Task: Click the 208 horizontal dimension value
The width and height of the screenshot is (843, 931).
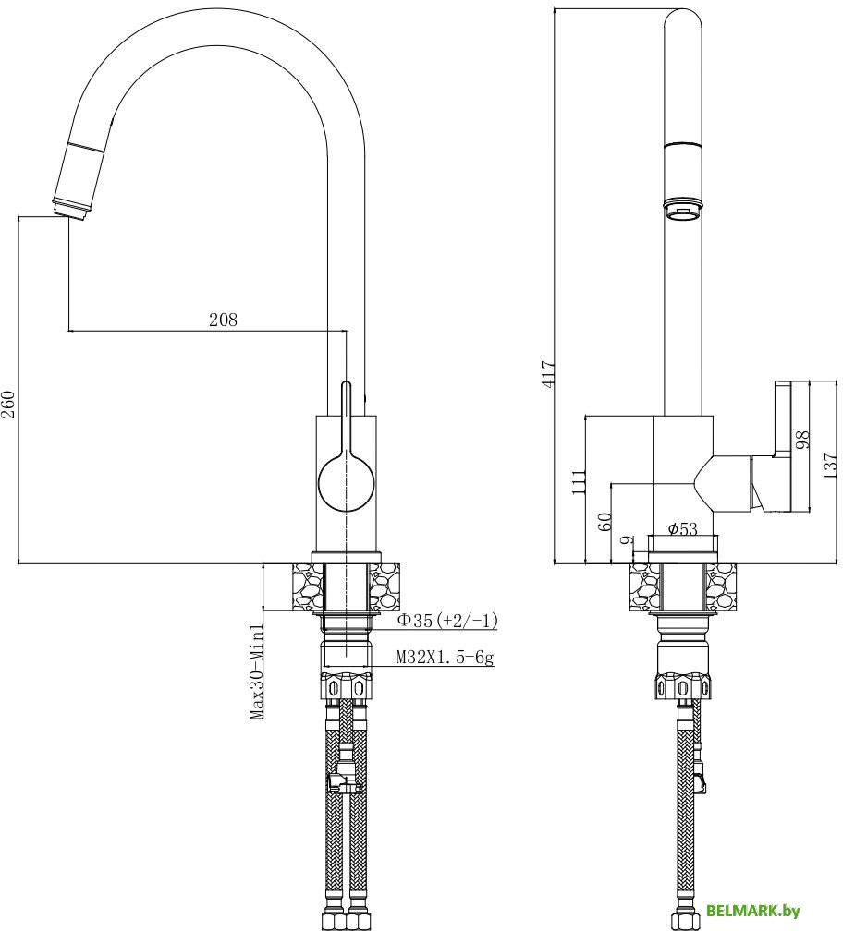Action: point(223,320)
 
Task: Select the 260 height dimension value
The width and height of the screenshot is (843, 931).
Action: point(8,403)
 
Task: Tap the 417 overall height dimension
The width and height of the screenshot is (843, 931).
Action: point(548,372)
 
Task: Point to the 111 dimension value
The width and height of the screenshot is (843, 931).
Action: point(580,483)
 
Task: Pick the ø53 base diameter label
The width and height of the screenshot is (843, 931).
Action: point(682,528)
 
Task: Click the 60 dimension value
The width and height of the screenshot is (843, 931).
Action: point(605,522)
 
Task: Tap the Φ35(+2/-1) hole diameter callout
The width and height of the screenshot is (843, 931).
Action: point(447,622)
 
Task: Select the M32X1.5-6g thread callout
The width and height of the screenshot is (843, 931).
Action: point(445,658)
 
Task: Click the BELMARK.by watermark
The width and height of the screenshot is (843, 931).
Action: point(753,910)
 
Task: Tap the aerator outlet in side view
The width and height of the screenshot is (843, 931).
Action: point(683,213)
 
